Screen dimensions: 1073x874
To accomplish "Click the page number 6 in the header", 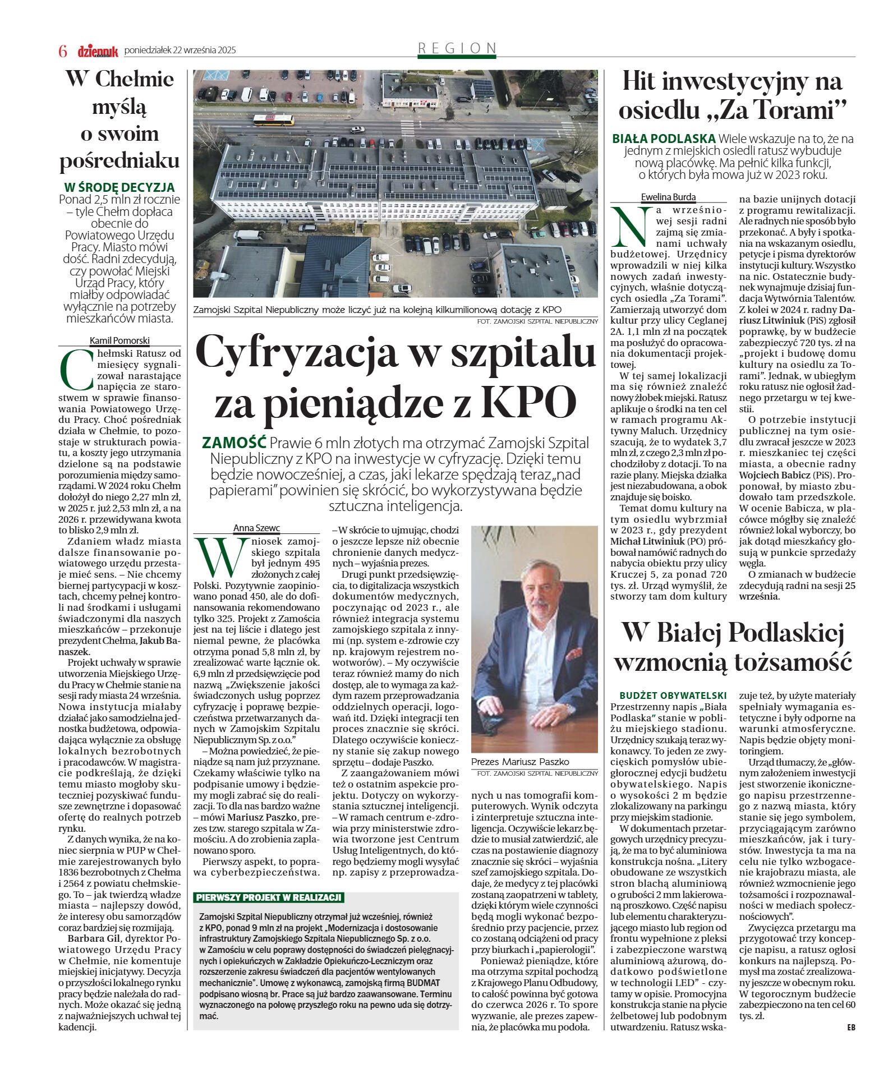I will (x=63, y=51).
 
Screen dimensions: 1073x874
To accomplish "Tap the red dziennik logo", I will (x=98, y=51).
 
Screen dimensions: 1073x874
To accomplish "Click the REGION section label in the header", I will (x=457, y=48).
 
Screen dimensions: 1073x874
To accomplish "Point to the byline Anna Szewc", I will (x=256, y=528).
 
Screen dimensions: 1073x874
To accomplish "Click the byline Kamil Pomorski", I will (x=119, y=340).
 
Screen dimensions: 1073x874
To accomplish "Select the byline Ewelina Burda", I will (x=668, y=197).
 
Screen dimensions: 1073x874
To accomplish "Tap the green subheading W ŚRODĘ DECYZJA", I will (x=119, y=187).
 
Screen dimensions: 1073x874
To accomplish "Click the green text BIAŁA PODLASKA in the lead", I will (x=664, y=139).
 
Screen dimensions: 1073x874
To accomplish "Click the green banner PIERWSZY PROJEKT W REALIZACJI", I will (x=269, y=897).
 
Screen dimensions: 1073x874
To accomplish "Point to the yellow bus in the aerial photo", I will (x=273, y=119).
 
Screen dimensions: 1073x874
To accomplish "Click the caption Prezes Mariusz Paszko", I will (x=520, y=762).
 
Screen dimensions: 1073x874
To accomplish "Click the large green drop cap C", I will (x=76, y=370).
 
